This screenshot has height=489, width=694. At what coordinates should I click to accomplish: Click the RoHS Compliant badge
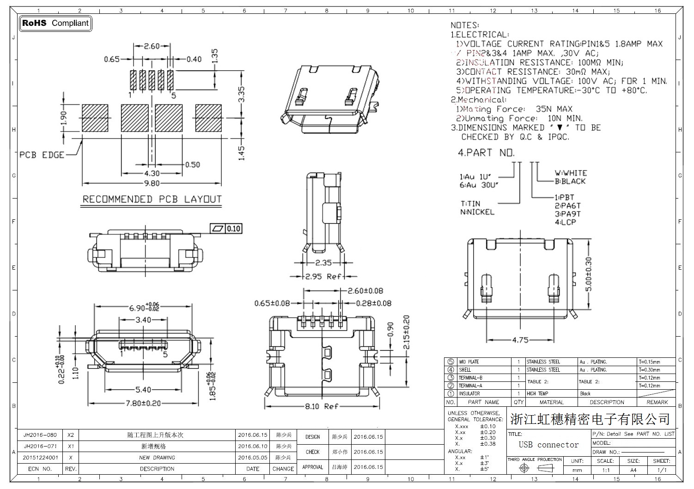point(55,23)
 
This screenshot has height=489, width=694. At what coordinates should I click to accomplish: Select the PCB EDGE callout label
point(42,155)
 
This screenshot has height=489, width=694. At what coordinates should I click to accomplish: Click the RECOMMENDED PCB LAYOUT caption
point(152,199)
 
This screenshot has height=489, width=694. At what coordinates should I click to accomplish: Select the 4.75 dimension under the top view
point(520,340)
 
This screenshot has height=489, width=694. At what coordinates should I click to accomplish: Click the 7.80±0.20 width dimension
point(144,403)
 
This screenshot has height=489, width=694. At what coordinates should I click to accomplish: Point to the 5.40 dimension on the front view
point(144,390)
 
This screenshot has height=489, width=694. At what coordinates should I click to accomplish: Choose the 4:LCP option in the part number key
point(565,222)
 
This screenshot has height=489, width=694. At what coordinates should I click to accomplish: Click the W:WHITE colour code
point(571,173)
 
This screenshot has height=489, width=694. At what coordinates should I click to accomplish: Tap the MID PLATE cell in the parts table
point(469,362)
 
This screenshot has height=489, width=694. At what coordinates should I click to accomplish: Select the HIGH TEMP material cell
point(537,394)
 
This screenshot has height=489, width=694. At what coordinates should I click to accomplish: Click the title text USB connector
point(548,445)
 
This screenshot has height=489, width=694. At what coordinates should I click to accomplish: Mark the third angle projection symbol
point(535,468)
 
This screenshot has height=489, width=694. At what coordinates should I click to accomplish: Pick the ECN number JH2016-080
point(40,435)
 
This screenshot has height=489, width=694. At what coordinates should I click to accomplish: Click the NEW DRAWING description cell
point(157,458)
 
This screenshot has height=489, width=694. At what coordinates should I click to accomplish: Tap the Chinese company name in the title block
point(590,419)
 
